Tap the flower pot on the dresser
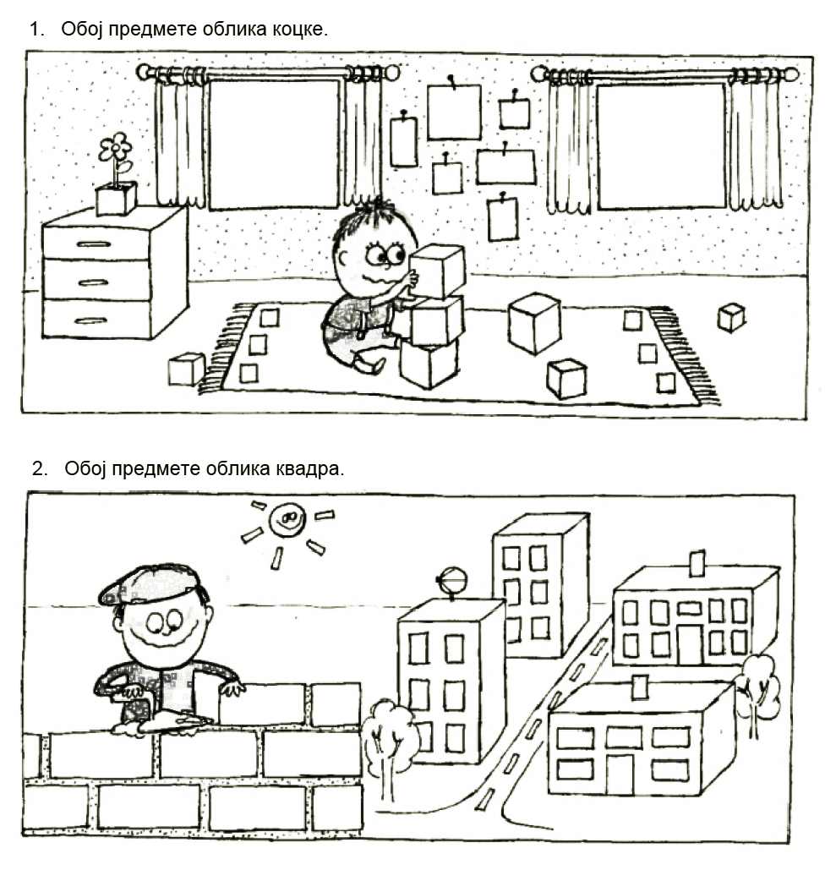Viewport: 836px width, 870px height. pos(116,199)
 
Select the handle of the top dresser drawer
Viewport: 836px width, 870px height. pos(93,244)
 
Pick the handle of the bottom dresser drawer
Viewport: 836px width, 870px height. pos(90,321)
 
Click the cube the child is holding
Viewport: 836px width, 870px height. pos(436,271)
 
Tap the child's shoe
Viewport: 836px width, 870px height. pos(369,364)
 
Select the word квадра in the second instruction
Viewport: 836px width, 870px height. pos(309,469)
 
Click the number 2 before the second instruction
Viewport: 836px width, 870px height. pos(39,469)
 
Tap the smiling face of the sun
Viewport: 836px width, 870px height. pos(287,519)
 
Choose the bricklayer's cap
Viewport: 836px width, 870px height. pos(150,584)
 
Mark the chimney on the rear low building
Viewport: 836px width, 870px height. pos(697,564)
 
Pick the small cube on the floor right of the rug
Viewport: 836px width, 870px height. pos(731,318)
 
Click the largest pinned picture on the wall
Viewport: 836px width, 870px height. pos(454,111)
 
